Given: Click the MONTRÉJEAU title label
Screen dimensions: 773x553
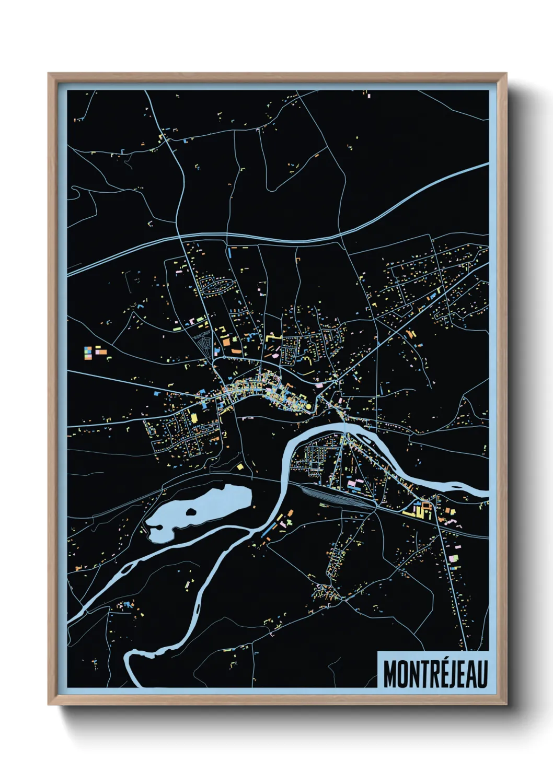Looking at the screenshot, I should tap(435, 674).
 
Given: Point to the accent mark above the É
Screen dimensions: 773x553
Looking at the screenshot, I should tap(438, 660).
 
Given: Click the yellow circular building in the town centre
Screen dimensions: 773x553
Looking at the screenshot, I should tap(308, 405).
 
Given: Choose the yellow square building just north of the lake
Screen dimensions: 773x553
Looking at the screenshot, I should tap(240, 466).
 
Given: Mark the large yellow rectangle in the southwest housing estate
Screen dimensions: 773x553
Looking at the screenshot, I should tap(193, 417).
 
